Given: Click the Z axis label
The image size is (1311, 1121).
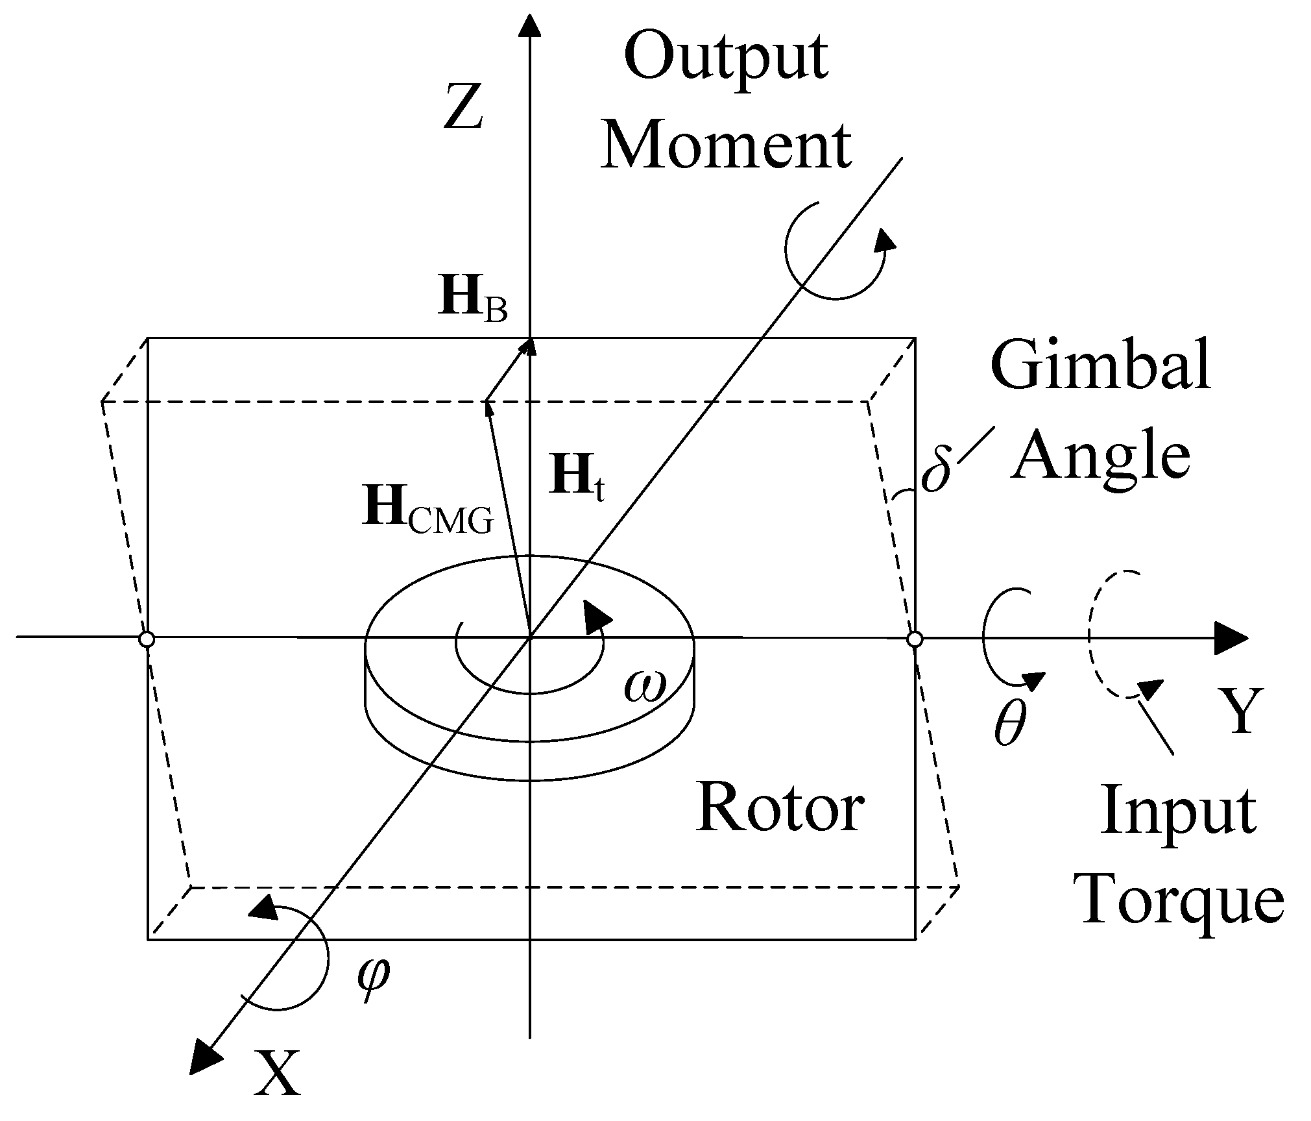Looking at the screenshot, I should (463, 108).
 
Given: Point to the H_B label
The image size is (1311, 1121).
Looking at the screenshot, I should (472, 301).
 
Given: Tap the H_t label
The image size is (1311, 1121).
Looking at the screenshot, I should (577, 479).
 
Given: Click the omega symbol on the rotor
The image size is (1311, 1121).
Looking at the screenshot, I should (645, 687).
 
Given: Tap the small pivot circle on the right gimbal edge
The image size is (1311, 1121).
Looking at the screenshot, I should (915, 639).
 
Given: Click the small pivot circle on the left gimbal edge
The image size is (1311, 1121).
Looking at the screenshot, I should (147, 639).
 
